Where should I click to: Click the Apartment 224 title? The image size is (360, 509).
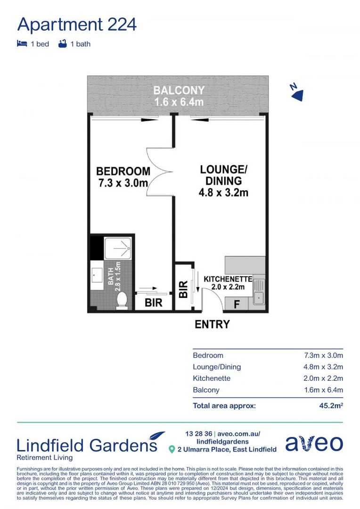pos(77,24)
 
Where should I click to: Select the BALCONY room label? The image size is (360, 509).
pos(179,90)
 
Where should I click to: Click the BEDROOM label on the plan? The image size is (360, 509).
pos(123,172)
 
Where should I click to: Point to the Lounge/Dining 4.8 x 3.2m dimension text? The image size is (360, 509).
pos(223,192)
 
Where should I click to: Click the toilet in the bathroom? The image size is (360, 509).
pos(122,300)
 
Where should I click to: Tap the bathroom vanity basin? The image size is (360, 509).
pos(98,274)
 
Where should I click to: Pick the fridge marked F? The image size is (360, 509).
pos(237,304)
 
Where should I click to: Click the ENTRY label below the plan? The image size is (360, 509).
pos(212,324)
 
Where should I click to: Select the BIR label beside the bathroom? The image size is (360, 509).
pos(154,303)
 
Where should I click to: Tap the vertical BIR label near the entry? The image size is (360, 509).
pos(183,289)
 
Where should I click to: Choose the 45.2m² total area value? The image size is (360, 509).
pos(331,405)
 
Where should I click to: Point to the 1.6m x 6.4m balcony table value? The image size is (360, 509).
pos(323,390)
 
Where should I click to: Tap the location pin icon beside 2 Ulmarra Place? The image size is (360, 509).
pos(172,450)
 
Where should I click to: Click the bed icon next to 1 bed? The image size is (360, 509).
pos(21,44)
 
